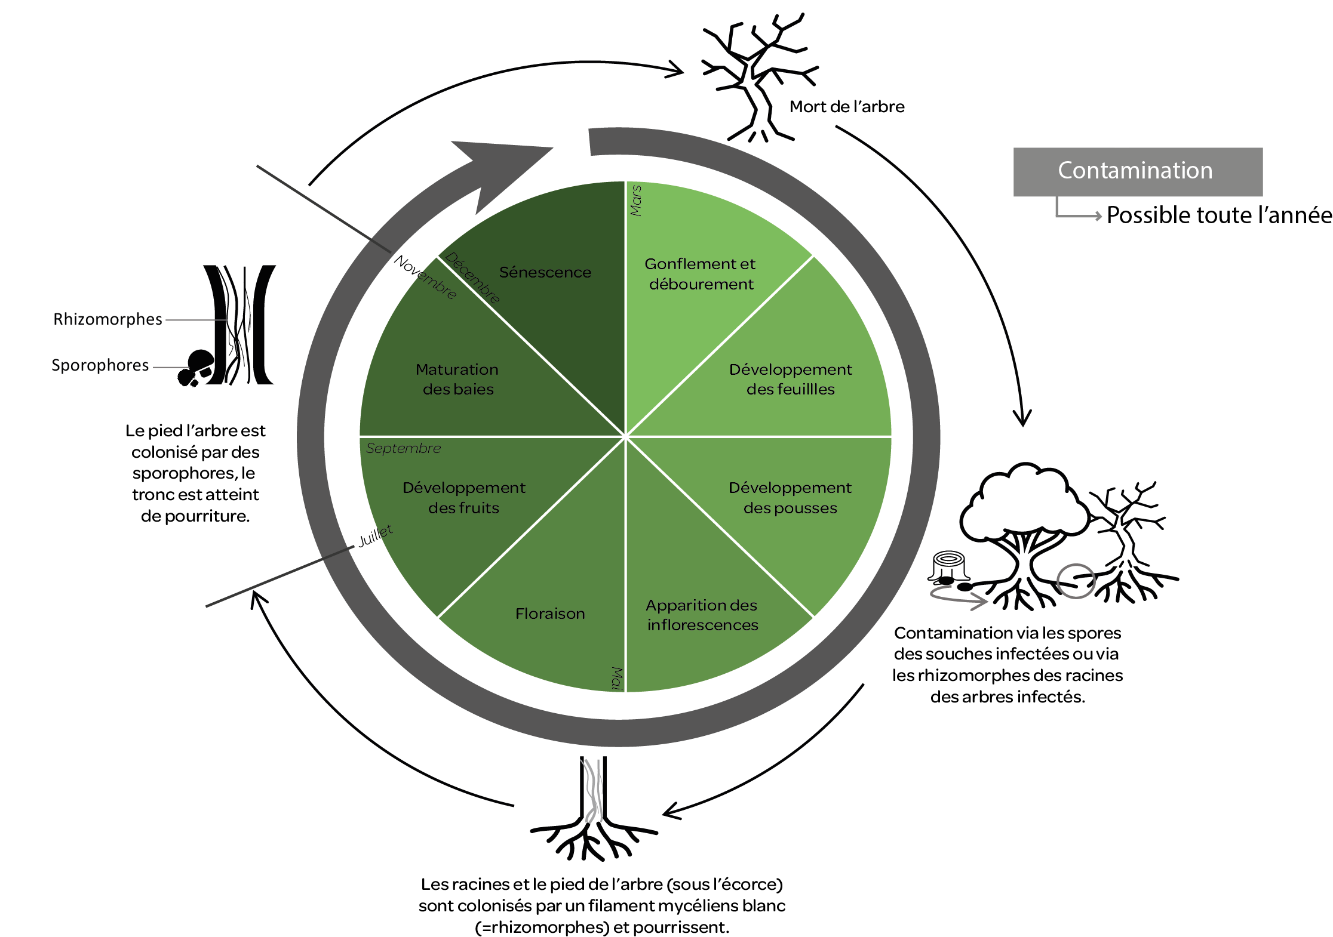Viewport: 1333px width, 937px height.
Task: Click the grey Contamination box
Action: (1137, 171)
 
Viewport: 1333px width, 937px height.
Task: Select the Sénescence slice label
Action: (545, 272)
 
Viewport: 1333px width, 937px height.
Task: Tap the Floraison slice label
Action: (550, 614)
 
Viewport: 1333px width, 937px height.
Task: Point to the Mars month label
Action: (636, 201)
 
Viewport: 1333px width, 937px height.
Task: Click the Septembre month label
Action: (403, 448)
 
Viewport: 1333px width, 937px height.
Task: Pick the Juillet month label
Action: (376, 535)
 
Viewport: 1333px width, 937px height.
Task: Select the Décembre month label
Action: (472, 278)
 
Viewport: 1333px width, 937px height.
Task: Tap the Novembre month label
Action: (425, 277)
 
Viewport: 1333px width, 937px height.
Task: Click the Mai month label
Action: (617, 679)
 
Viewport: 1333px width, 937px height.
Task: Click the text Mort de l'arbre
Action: (846, 107)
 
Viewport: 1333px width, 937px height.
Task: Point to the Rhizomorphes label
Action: (107, 319)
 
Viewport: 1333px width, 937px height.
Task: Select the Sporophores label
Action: (100, 365)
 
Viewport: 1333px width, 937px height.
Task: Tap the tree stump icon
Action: (948, 565)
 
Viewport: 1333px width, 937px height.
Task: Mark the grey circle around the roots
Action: (1076, 581)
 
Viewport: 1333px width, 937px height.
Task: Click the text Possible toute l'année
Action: (1218, 215)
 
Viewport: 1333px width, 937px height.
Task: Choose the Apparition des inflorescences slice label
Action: (702, 615)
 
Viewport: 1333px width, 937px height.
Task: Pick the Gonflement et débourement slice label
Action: (701, 273)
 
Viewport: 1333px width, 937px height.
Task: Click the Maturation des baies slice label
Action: (457, 379)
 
